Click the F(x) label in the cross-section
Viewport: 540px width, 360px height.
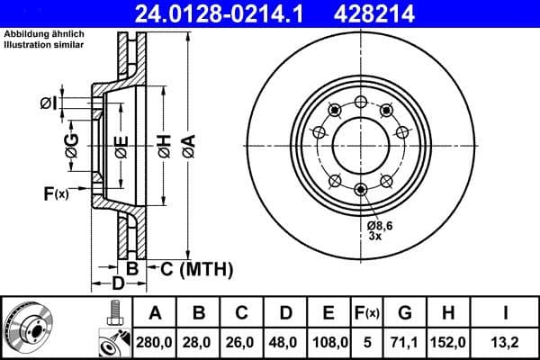(55, 193)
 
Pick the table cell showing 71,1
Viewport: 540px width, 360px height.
(405, 343)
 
